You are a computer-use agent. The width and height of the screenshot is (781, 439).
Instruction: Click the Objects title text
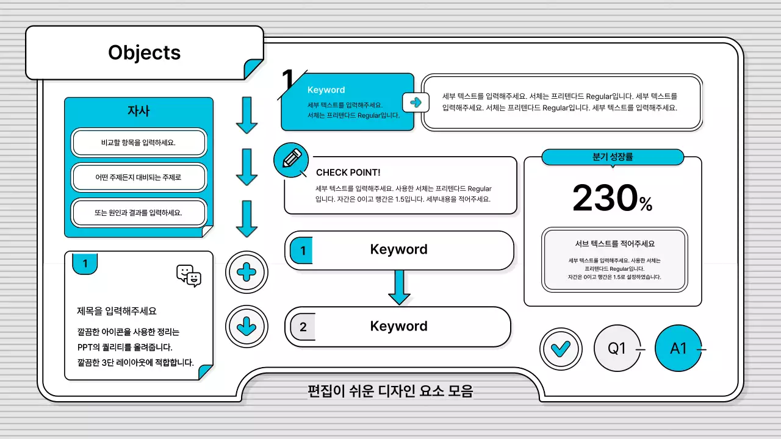tap(144, 52)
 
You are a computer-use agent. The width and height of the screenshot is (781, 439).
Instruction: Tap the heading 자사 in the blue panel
tap(139, 112)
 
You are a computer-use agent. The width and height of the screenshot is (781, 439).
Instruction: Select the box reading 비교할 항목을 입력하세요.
tap(139, 143)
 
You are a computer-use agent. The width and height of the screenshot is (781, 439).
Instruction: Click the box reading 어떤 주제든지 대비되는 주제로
tap(139, 177)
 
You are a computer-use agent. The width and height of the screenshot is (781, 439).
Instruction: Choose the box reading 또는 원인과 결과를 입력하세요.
tap(139, 213)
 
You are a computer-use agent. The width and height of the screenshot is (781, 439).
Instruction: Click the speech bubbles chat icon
tap(189, 276)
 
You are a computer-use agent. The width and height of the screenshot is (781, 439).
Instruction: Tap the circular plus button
tap(247, 273)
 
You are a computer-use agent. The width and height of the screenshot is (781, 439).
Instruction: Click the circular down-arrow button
tap(247, 327)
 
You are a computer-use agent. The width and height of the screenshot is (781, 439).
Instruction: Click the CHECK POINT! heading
tap(348, 173)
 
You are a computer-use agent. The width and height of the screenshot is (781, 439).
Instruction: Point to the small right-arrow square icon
tap(416, 102)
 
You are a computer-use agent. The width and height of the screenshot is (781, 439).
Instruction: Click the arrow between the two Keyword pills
tap(399, 287)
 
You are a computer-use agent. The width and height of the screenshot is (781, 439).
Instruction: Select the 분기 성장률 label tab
tap(613, 157)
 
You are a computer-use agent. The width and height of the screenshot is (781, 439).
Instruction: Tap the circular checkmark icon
tap(560, 349)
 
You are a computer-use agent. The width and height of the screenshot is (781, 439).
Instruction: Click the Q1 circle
tap(617, 349)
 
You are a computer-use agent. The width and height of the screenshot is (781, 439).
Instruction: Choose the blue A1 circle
tap(678, 349)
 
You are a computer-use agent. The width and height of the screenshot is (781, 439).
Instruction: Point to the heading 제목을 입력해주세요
tap(117, 311)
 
